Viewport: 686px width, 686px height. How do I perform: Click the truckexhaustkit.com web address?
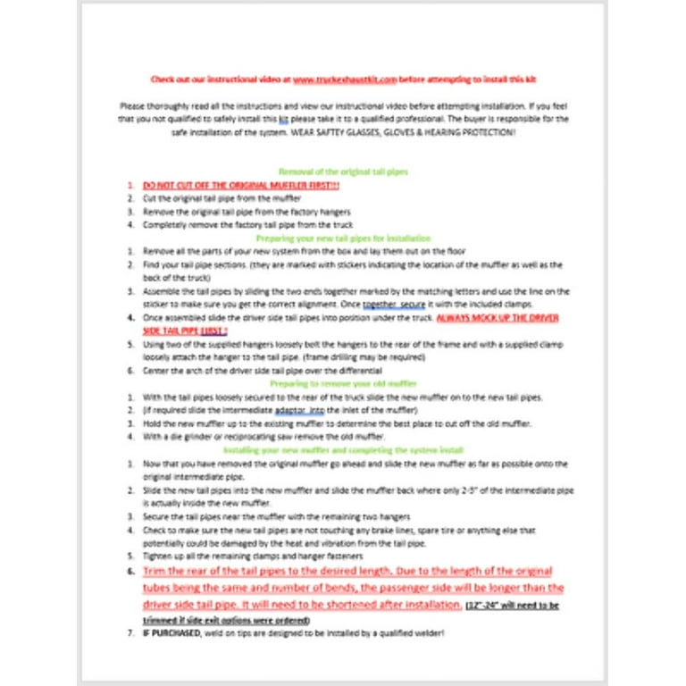(x=344, y=79)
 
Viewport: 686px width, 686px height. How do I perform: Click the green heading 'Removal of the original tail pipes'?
(x=343, y=171)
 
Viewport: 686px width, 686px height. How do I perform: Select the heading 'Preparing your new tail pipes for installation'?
(x=343, y=238)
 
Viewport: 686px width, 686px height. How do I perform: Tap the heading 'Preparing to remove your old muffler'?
(x=343, y=384)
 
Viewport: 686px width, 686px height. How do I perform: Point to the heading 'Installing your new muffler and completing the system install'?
(x=343, y=450)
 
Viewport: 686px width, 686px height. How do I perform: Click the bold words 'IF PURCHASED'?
(x=170, y=633)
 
